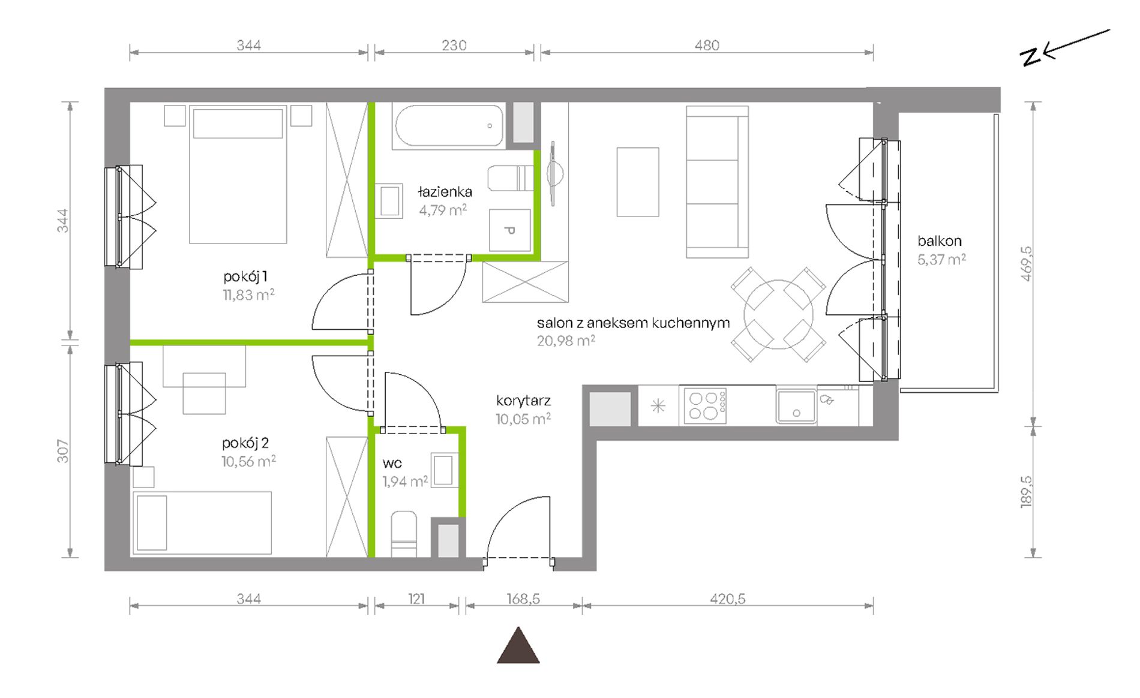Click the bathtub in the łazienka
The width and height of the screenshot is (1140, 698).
pos(448,126)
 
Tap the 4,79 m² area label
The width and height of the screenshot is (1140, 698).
pos(443,210)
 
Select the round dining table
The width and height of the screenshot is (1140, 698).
pos(778,314)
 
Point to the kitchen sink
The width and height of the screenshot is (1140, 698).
pos(796,406)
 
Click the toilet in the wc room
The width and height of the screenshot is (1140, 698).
pos(404,534)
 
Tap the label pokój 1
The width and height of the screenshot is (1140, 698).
pos(245,276)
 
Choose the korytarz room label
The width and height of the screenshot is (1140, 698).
pos(523,401)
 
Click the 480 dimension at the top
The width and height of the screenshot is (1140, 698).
pos(707,45)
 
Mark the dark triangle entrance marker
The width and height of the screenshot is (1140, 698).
pos(518,646)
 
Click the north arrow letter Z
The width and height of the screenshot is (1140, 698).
pos(1030,56)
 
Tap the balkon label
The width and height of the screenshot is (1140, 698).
pos(939,241)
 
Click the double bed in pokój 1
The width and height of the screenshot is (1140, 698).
pos(238,174)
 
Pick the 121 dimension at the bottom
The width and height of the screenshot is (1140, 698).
pos(416,598)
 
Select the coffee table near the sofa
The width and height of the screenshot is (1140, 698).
pos(638,182)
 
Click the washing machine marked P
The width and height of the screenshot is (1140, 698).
pos(510,230)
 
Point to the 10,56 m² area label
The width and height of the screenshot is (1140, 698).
pos(248,461)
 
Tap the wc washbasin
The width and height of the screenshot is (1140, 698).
pos(445,470)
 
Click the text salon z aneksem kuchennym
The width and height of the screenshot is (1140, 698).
pos(633,323)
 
